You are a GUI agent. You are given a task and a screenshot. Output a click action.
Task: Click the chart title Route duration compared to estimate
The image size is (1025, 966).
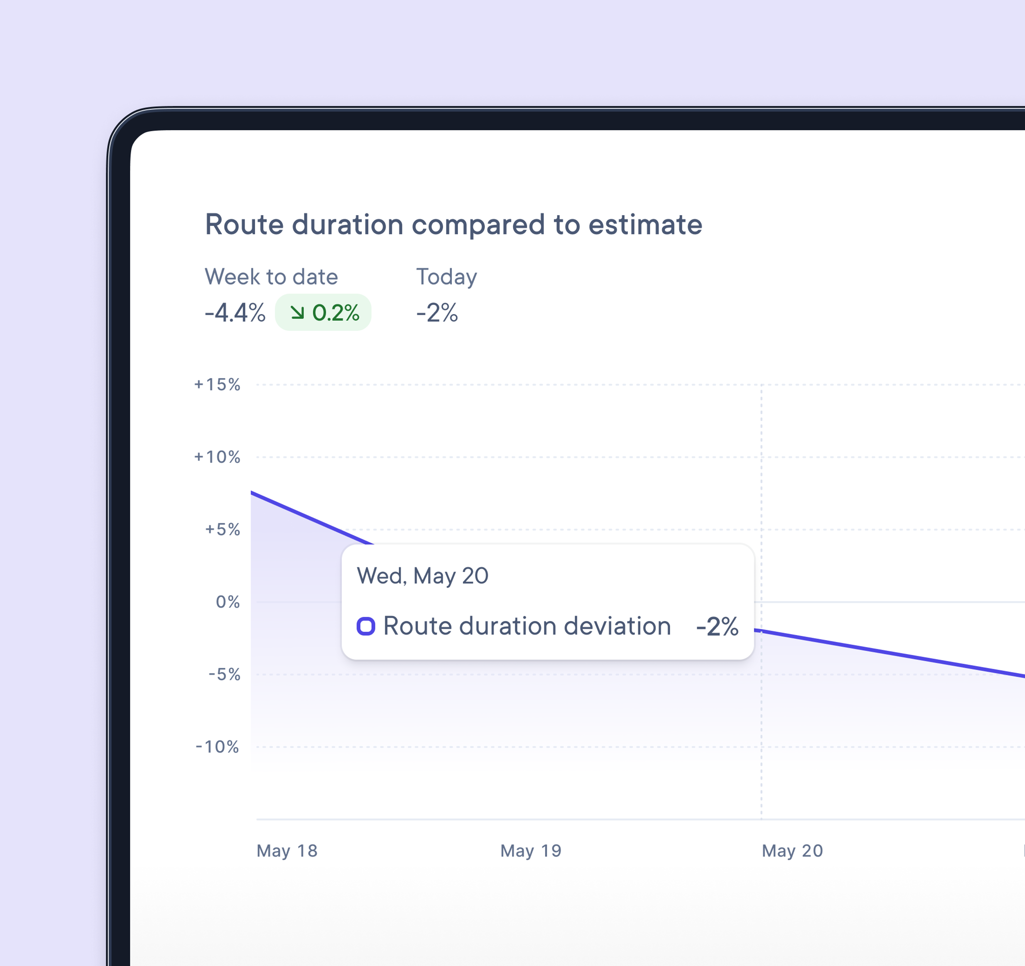[x=453, y=225]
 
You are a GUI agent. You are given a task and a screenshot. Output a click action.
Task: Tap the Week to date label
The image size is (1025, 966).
[x=271, y=277]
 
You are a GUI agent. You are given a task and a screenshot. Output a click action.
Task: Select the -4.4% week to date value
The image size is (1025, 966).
[x=235, y=312]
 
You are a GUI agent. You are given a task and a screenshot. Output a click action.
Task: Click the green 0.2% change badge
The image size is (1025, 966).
[x=323, y=312]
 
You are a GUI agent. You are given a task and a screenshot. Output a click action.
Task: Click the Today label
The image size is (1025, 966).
[x=447, y=277]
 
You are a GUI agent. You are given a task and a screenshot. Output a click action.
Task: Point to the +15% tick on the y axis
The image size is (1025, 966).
[x=217, y=385]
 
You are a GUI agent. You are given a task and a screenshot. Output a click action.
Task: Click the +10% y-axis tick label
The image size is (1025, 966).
[x=217, y=457]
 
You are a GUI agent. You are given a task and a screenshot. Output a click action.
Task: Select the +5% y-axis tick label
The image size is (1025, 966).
[x=223, y=530]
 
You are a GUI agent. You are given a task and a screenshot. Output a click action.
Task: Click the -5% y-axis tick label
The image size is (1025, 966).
[x=224, y=675]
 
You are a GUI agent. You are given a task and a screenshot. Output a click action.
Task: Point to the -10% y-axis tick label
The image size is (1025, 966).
[x=217, y=747]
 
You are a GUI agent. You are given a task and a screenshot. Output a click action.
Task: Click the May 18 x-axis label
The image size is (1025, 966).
[x=287, y=851]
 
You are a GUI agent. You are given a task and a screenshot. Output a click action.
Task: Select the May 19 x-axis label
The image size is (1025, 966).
[x=531, y=851]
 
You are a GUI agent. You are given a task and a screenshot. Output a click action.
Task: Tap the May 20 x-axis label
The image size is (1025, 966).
[x=793, y=851]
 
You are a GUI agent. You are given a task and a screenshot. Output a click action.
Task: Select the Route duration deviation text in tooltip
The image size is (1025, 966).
[x=527, y=627]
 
